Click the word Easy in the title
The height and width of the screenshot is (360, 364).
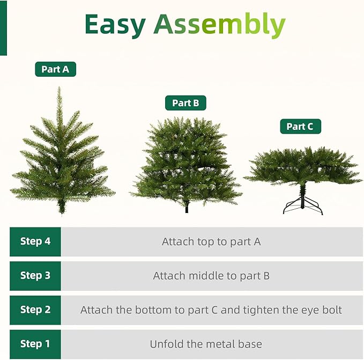pyautogui.click(x=115, y=25)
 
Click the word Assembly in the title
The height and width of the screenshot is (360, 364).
pyautogui.click(x=219, y=25)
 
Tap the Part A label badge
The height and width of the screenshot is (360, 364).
pyautogui.click(x=55, y=69)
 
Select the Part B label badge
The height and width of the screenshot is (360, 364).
pyautogui.click(x=185, y=103)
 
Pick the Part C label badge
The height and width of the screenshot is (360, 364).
pyautogui.click(x=300, y=127)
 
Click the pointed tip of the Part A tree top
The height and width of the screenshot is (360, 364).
pyautogui.click(x=60, y=90)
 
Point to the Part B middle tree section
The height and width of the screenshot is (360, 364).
pyautogui.click(x=186, y=161)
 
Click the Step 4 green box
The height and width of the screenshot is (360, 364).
pyautogui.click(x=35, y=241)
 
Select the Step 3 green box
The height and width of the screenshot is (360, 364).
pyautogui.click(x=35, y=276)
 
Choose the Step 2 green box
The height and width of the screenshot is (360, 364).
pyautogui.click(x=35, y=310)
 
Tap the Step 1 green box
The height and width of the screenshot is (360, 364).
pyautogui.click(x=35, y=344)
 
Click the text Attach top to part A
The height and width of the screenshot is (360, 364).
pyautogui.click(x=211, y=241)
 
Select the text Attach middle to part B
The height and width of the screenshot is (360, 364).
pyautogui.click(x=211, y=276)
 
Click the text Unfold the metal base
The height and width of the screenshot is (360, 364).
pyautogui.click(x=206, y=344)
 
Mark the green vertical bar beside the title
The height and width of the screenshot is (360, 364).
pyautogui.click(x=3, y=27)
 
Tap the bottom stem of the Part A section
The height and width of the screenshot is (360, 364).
pyautogui.click(x=62, y=207)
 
